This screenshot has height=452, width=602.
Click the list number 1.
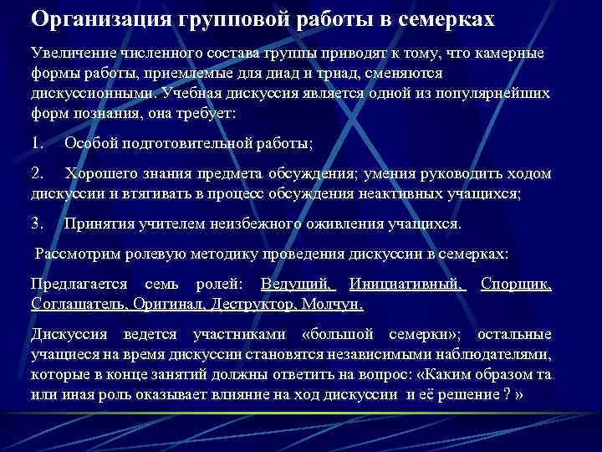coord(37,143)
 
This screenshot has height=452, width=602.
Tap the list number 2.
coord(37,173)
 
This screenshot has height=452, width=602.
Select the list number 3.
coord(37,223)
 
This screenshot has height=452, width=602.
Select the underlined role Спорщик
coord(516,284)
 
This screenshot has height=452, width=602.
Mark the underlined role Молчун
coord(333,303)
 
